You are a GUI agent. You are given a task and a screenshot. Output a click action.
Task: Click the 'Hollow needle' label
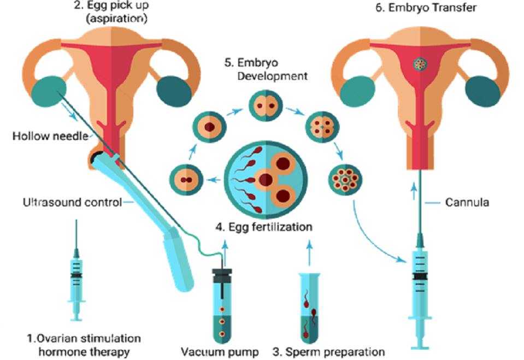coord(50,135)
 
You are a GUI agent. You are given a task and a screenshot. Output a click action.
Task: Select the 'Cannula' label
coord(467,202)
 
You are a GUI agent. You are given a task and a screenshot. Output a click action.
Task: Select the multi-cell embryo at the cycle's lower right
coord(345,179)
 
